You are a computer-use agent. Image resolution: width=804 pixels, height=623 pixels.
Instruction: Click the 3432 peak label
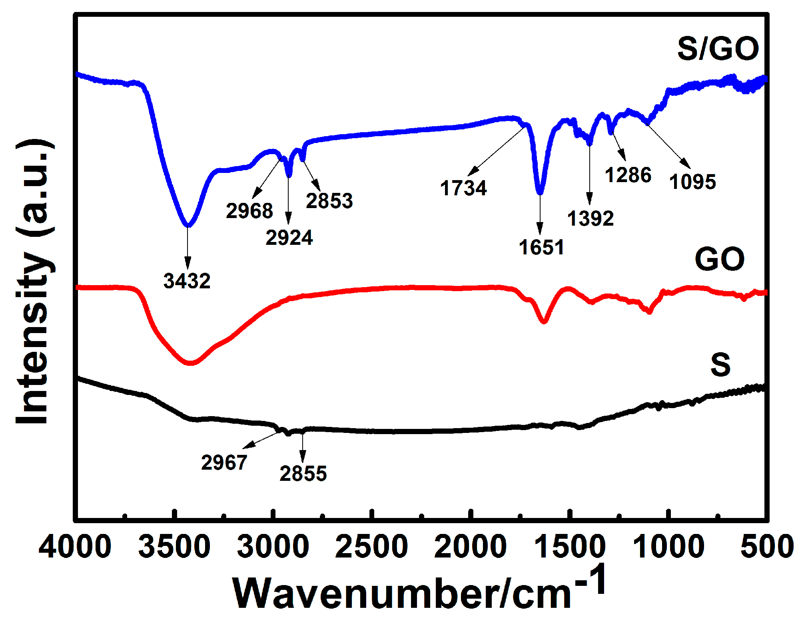pyautogui.click(x=187, y=281)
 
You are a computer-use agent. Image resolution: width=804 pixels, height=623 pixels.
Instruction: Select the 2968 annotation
pyautogui.click(x=249, y=211)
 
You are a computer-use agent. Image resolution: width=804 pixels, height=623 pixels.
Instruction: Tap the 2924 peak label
pyautogui.click(x=289, y=238)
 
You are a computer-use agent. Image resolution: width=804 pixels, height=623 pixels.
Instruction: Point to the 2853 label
pyautogui.click(x=329, y=201)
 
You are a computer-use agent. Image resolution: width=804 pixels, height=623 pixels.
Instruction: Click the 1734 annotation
pyautogui.click(x=463, y=188)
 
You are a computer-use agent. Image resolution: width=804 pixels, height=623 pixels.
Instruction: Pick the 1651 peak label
pyautogui.click(x=541, y=248)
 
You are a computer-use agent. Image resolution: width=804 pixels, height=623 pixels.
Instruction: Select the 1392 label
pyautogui.click(x=591, y=219)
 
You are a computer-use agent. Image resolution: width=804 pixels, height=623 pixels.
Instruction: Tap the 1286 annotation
pyautogui.click(x=628, y=175)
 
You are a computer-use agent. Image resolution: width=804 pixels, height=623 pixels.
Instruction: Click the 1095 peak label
pyautogui.click(x=692, y=182)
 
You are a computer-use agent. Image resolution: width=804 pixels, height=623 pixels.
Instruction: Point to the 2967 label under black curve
pyautogui.click(x=224, y=463)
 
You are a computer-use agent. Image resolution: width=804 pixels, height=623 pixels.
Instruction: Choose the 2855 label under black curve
pyautogui.click(x=303, y=474)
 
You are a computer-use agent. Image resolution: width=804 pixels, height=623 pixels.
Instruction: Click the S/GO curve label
pyautogui.click(x=718, y=49)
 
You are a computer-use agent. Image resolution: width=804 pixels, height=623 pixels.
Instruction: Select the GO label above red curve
pyautogui.click(x=720, y=260)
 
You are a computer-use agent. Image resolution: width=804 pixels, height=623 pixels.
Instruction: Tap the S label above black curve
pyautogui.click(x=720, y=365)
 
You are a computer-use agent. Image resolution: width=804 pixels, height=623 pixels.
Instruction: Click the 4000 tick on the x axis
pyautogui.click(x=75, y=547)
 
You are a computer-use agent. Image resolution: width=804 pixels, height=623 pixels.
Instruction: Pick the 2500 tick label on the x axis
pyautogui.click(x=372, y=547)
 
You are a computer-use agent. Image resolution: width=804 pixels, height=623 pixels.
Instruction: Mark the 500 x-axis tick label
pyautogui.click(x=767, y=547)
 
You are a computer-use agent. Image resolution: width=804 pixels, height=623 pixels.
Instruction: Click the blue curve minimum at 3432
pyautogui.click(x=188, y=225)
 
